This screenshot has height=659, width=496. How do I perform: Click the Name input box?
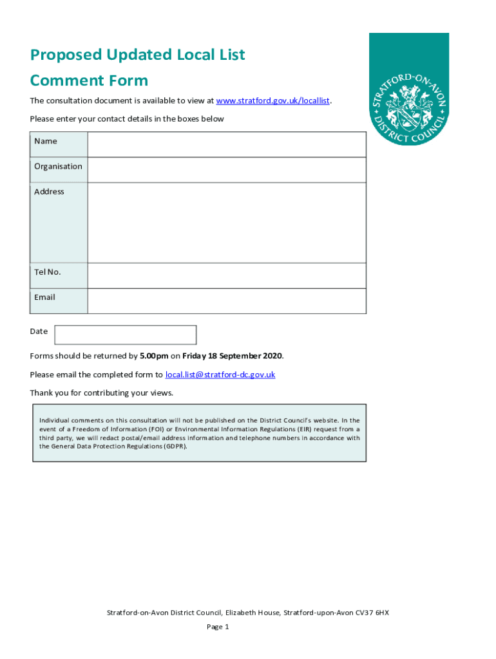click(x=227, y=145)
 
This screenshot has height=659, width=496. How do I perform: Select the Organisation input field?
click(x=227, y=170)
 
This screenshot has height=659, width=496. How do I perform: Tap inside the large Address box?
click(x=227, y=223)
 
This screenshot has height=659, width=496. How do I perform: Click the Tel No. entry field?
click(x=227, y=275)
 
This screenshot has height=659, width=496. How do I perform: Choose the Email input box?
click(x=227, y=301)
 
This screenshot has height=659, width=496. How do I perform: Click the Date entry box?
click(x=126, y=335)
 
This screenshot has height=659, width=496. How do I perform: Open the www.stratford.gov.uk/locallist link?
click(x=273, y=101)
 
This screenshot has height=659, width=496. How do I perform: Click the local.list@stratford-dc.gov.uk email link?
click(x=220, y=375)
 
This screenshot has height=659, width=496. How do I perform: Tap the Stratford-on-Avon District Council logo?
click(x=408, y=89)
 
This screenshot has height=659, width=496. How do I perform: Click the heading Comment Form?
click(x=89, y=80)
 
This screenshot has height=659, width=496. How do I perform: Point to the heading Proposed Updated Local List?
click(x=137, y=55)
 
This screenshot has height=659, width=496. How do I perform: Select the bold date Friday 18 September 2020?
click(x=233, y=356)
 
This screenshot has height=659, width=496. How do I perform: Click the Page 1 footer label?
click(x=218, y=627)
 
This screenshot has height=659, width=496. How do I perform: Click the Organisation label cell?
click(x=59, y=167)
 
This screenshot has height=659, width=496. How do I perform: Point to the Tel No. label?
click(x=48, y=272)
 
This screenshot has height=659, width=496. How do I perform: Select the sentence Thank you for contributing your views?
click(x=102, y=393)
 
